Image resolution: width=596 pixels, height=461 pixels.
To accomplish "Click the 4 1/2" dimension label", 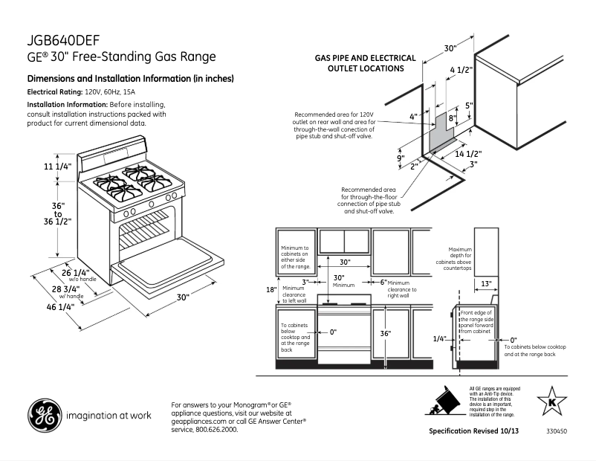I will [461, 71].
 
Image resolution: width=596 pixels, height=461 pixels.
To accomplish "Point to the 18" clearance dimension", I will [272, 289].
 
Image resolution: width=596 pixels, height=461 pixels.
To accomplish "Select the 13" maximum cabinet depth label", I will [485, 283].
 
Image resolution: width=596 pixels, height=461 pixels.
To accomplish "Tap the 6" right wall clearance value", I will [383, 283].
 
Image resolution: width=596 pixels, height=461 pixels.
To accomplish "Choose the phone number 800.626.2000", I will [216, 430].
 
